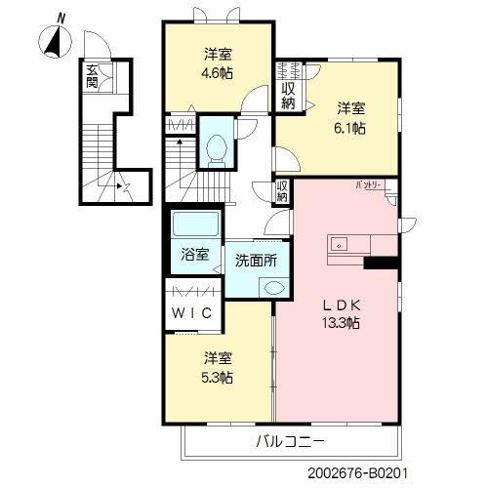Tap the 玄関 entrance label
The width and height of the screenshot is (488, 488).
(92, 76)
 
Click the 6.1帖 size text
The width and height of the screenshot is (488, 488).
(351, 128)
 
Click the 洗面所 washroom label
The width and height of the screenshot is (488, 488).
(256, 261)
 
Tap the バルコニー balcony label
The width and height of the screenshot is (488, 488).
(290, 440)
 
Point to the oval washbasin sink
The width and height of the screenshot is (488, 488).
(273, 288)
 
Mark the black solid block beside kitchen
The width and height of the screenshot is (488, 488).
(380, 261)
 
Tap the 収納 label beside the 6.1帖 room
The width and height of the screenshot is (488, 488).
(289, 96)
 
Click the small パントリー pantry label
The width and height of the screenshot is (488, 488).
(367, 184)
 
